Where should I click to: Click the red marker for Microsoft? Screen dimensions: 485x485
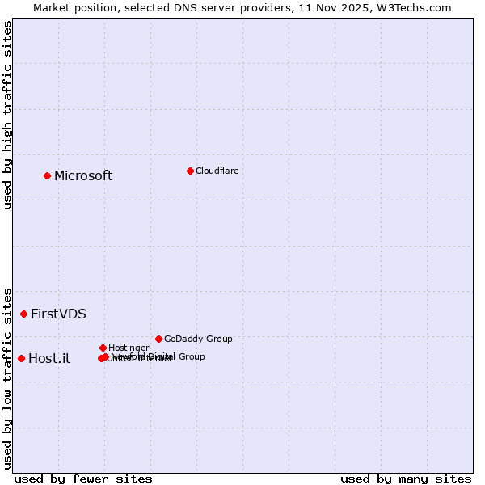click(x=47, y=175)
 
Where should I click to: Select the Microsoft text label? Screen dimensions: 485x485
click(x=83, y=176)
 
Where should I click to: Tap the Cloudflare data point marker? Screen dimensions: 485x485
click(x=190, y=171)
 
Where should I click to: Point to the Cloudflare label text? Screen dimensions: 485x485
click(x=217, y=171)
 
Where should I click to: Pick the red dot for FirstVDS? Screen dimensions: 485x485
click(x=23, y=314)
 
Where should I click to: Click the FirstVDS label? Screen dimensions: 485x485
click(x=58, y=314)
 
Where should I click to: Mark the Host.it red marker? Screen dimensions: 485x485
click(x=21, y=358)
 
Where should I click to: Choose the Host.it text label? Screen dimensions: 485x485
click(x=49, y=359)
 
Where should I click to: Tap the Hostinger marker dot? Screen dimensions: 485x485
click(x=103, y=348)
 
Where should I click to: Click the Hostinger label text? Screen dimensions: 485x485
click(x=129, y=348)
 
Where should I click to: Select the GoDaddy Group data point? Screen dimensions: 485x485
click(x=158, y=339)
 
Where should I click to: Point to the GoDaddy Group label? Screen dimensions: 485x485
click(x=198, y=339)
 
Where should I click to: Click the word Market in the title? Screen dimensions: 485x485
click(x=53, y=7)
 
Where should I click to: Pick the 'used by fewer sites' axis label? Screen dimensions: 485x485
click(x=83, y=479)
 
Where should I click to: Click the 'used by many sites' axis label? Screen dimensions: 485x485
click(x=406, y=479)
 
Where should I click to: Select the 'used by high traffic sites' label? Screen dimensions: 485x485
click(x=7, y=115)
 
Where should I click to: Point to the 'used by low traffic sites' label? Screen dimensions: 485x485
click(x=7, y=377)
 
